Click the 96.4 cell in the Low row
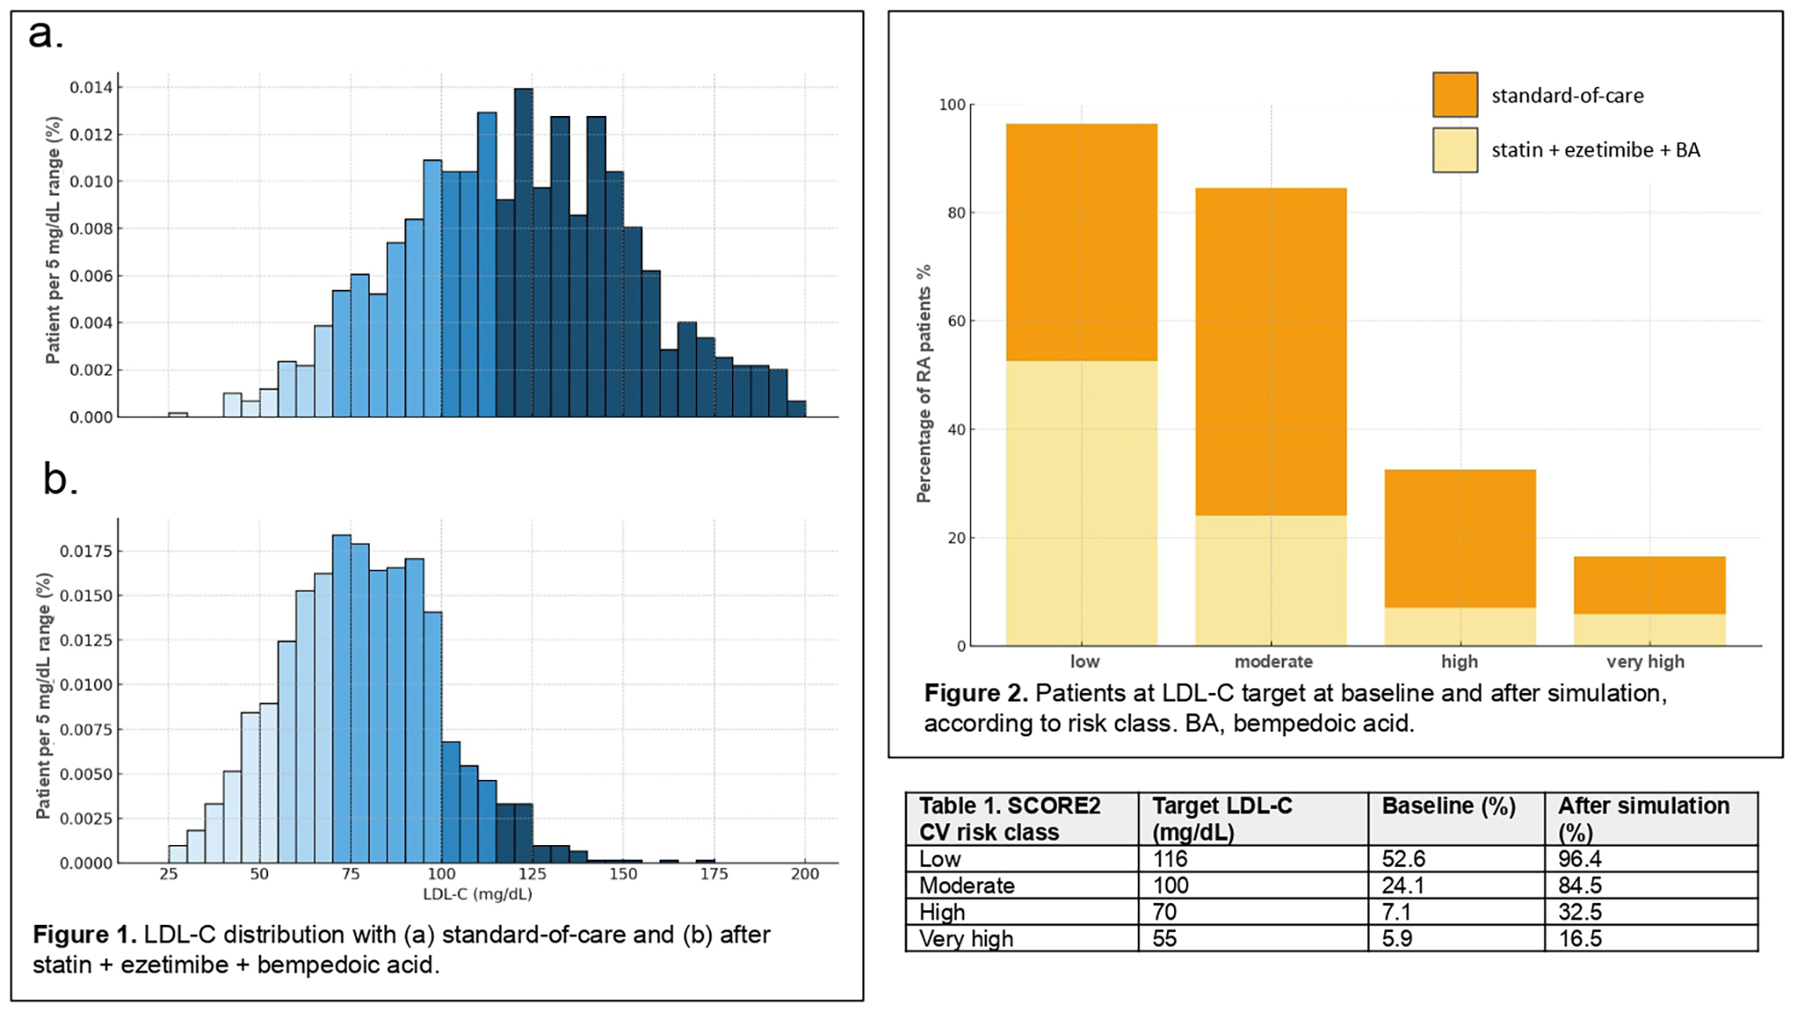point(1579,859)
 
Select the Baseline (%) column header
point(1448,806)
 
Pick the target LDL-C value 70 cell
point(1164,912)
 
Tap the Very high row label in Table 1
point(966,938)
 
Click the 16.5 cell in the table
point(1579,938)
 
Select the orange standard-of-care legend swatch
point(1455,95)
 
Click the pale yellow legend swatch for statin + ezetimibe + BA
point(1455,150)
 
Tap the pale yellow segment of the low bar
point(1081,503)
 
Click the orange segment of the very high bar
point(1649,585)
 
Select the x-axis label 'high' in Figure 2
point(1459,662)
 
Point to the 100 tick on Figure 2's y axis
point(952,105)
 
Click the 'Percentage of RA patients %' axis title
point(923,384)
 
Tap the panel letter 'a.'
point(45,34)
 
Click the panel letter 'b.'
point(60,479)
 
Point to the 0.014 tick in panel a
point(92,88)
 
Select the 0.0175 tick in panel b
point(86,552)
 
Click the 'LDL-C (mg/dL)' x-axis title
point(477,895)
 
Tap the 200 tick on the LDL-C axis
point(805,874)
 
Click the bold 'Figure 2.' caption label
point(976,694)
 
